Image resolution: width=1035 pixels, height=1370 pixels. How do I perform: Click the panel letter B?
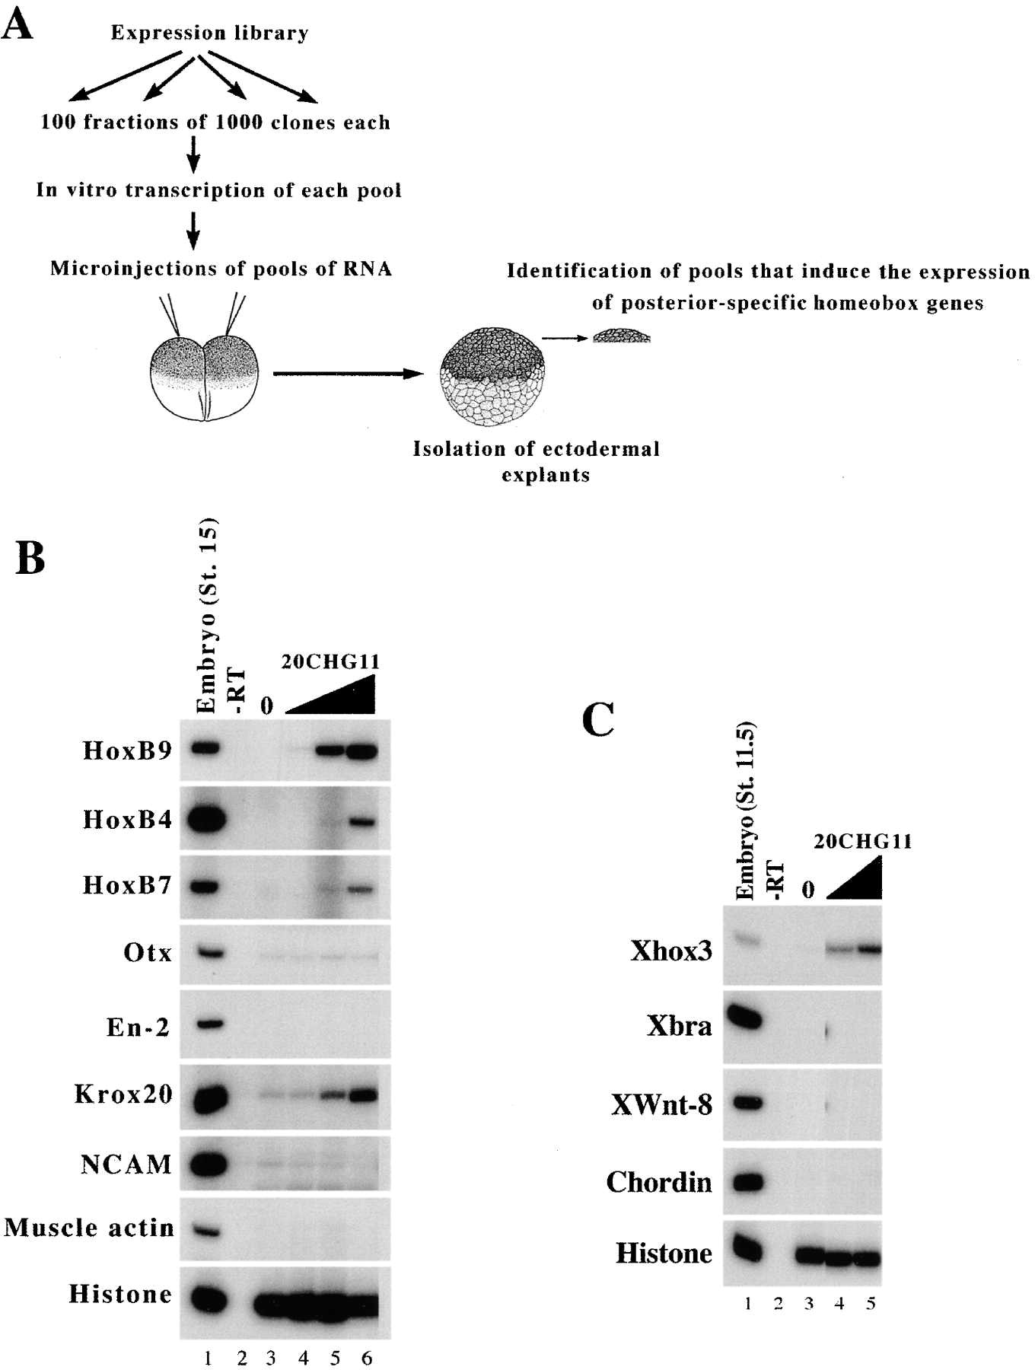click(x=30, y=558)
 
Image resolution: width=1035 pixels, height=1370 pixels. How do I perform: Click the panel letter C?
click(x=597, y=719)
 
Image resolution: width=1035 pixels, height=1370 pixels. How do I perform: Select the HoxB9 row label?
click(x=127, y=750)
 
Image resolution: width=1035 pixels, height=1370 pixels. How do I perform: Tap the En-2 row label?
click(x=139, y=1027)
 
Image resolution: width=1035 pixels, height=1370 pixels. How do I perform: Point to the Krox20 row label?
click(x=123, y=1094)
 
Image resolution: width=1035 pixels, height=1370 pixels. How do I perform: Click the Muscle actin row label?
click(x=89, y=1228)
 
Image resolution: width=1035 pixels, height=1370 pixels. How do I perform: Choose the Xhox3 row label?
click(x=671, y=951)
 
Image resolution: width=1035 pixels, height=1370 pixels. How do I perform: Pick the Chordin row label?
click(x=659, y=1182)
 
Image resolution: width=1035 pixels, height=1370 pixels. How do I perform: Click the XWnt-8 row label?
click(x=661, y=1104)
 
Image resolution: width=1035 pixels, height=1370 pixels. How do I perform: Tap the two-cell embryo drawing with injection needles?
click(x=204, y=369)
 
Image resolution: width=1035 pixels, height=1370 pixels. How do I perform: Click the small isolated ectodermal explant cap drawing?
click(x=622, y=336)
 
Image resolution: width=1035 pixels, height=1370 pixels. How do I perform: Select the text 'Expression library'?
click(x=209, y=33)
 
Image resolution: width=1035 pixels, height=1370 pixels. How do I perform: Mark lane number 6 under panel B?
click(x=367, y=1358)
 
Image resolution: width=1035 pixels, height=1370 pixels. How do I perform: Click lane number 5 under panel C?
click(x=871, y=1303)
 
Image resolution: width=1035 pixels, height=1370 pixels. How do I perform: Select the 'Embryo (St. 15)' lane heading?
click(x=207, y=615)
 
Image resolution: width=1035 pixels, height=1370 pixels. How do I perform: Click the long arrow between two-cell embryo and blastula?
click(x=348, y=373)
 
